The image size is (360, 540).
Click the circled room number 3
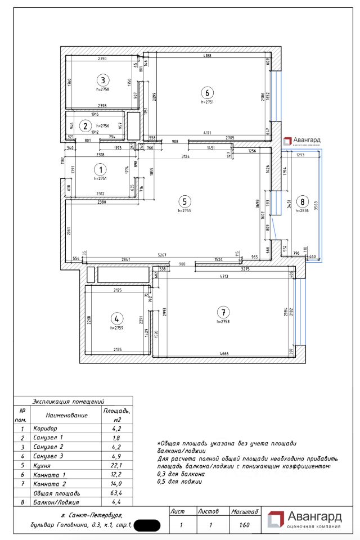click(102, 79)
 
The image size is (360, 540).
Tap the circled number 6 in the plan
click(207, 93)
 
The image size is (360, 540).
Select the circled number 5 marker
click(183, 201)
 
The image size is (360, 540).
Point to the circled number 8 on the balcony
click(303, 201)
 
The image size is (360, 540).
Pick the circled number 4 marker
click(116, 318)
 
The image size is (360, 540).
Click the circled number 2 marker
click(86, 126)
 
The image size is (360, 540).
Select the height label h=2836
click(303, 211)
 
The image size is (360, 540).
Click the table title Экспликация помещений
click(69, 402)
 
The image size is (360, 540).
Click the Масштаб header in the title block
click(245, 512)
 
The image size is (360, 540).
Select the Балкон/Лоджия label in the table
click(56, 502)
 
